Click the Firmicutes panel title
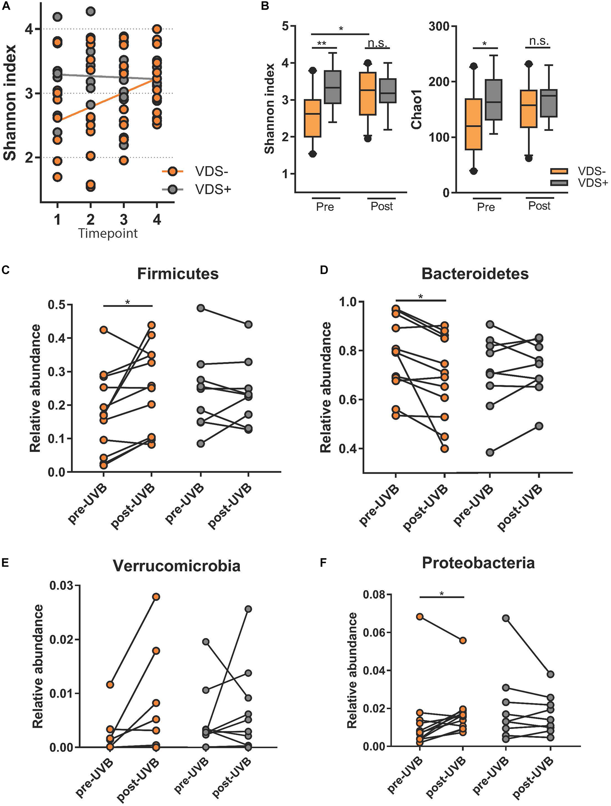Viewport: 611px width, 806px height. [x=178, y=274]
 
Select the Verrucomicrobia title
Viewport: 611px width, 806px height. [x=177, y=566]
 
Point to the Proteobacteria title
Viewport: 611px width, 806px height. [x=478, y=563]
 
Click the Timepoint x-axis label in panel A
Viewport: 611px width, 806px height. [x=108, y=233]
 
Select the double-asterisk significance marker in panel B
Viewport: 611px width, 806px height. [x=321, y=43]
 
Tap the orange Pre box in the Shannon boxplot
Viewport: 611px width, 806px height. [x=312, y=118]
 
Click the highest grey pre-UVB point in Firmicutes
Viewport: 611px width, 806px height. [x=200, y=308]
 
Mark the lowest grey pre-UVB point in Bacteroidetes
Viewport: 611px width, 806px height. [x=490, y=453]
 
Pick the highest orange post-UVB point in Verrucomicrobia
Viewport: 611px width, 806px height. [x=156, y=596]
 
